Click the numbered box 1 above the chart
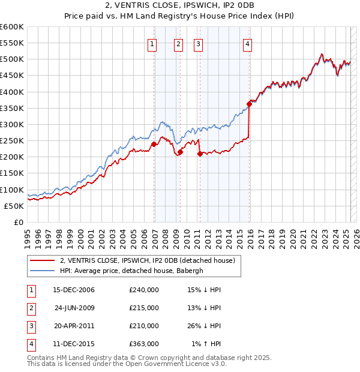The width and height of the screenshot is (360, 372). pyautogui.click(x=152, y=43)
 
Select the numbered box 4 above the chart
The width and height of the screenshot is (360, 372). pyautogui.click(x=247, y=43)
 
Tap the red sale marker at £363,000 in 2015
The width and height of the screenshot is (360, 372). pyautogui.click(x=249, y=104)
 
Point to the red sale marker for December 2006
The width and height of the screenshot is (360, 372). pyautogui.click(x=154, y=144)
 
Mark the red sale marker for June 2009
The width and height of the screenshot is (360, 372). pyautogui.click(x=180, y=152)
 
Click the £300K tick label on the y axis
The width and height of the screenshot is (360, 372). pyautogui.click(x=11, y=124)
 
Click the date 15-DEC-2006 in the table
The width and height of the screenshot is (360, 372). pyautogui.click(x=74, y=290)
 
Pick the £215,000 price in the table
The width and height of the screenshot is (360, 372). pyautogui.click(x=144, y=308)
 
